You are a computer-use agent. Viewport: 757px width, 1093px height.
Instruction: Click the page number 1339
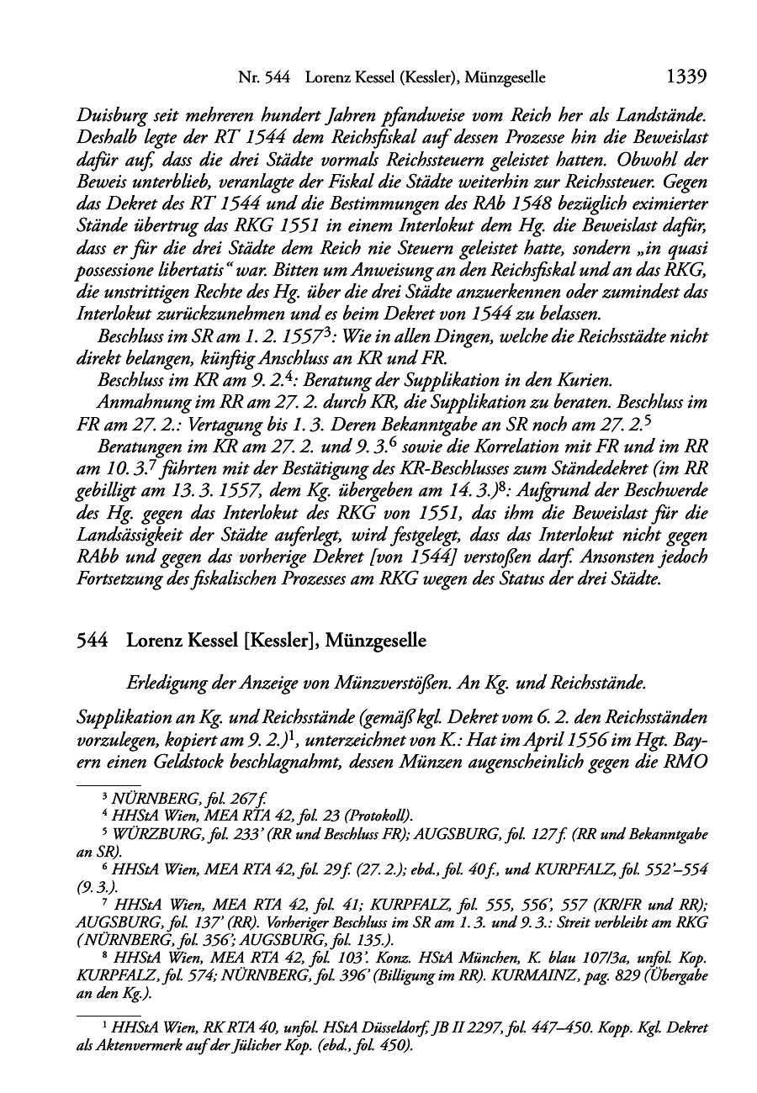[x=685, y=77]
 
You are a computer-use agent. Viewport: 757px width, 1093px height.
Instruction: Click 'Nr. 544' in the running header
[x=264, y=78]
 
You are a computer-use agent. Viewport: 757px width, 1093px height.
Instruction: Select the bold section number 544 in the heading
[x=91, y=641]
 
